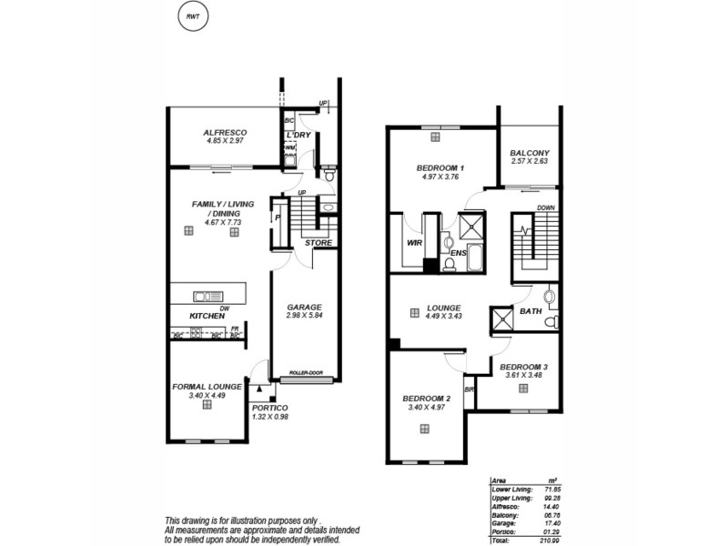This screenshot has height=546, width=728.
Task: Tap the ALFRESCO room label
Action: click(x=226, y=133)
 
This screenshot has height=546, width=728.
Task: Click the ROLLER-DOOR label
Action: click(x=307, y=373)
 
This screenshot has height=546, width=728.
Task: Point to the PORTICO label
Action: click(x=270, y=407)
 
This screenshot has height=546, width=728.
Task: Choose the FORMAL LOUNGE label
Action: click(x=207, y=386)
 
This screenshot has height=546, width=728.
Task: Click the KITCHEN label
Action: click(x=207, y=316)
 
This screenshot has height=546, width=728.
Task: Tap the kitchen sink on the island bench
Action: click(x=206, y=295)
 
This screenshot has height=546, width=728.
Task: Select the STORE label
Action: click(x=318, y=243)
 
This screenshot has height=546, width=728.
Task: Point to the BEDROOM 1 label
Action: click(x=440, y=168)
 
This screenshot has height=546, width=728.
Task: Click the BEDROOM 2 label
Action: click(x=426, y=399)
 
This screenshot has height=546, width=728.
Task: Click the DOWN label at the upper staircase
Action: click(x=546, y=207)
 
